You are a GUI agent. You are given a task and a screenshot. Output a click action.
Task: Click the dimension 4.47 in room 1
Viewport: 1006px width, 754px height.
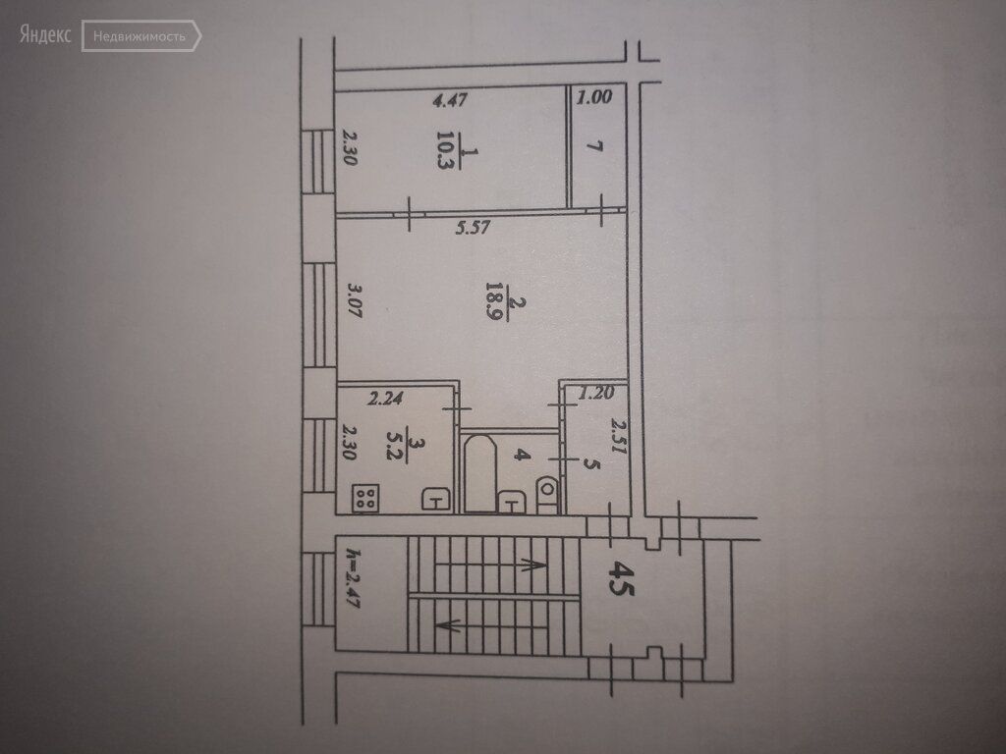450,99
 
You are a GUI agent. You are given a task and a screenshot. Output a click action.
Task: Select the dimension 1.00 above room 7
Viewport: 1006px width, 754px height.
594,97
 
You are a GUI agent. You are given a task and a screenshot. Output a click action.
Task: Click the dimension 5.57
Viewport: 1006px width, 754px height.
473,227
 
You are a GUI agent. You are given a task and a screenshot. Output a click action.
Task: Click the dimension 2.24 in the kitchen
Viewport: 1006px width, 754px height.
385,399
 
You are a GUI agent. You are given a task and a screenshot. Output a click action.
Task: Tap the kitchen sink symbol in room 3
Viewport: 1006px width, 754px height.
435,498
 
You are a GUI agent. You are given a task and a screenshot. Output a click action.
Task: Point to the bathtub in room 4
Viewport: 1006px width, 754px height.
479,474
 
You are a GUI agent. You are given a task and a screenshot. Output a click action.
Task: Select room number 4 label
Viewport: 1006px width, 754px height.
523,456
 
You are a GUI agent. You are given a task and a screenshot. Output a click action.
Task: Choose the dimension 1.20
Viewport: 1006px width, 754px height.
596,393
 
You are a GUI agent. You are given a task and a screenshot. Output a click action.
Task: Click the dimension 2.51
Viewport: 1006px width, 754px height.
617,436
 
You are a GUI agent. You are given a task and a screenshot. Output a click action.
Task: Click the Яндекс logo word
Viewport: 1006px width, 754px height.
45,34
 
